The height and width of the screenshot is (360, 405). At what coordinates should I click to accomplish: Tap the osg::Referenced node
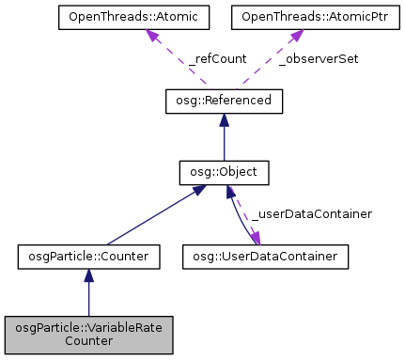coord(224,100)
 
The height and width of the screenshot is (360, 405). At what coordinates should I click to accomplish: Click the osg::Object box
coord(224,173)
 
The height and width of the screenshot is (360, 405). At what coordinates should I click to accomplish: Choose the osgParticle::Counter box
coord(88,255)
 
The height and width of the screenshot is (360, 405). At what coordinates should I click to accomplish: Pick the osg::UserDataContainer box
coord(264,255)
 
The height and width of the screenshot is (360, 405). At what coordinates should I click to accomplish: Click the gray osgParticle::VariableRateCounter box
coord(88,334)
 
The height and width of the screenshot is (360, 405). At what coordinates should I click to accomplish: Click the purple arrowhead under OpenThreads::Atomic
coord(153,35)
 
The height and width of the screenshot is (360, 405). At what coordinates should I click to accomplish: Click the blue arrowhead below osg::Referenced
coord(224,120)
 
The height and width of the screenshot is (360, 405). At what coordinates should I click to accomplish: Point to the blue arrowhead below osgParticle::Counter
coord(88,274)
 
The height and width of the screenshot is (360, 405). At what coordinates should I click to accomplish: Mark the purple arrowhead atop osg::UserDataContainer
coord(256,236)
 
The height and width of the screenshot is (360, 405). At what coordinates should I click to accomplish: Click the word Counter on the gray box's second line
coord(88,341)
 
